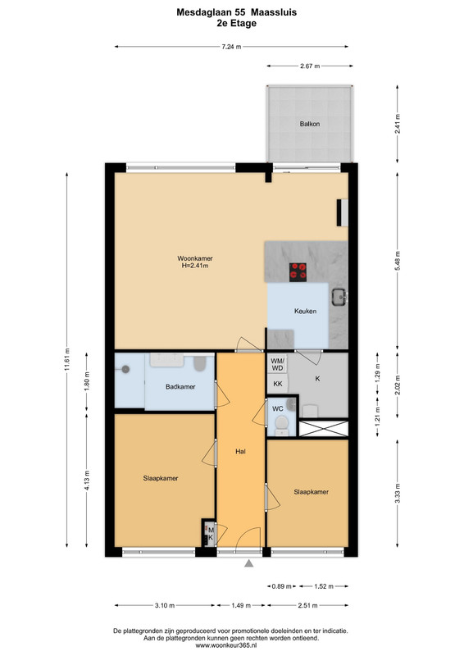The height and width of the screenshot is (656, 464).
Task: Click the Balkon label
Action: (310, 124)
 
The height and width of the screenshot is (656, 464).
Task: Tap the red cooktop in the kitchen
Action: (298, 272)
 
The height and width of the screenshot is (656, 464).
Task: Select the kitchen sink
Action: (339, 297)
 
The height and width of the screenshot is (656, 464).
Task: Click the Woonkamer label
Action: (195, 258)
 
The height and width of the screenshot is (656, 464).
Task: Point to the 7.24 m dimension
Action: (231, 47)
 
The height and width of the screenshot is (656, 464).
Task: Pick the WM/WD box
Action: (277, 364)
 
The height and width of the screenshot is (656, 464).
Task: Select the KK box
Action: (277, 384)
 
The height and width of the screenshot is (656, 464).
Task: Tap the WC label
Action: (278, 408)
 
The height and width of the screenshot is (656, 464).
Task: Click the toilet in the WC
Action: (282, 426)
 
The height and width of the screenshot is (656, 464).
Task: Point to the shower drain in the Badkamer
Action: (125, 370)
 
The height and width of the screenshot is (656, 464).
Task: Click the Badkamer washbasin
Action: (167, 360)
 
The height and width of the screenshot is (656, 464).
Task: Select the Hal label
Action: (240, 452)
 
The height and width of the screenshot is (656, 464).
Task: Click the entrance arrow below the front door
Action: (249, 563)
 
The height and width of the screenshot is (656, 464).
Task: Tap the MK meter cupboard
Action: (210, 533)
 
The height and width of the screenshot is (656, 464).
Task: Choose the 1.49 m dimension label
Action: (241, 605)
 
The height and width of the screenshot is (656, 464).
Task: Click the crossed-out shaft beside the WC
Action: (324, 429)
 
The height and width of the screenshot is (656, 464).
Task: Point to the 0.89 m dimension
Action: (281, 586)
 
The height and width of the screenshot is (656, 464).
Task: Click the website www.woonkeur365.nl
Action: (231, 645)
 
